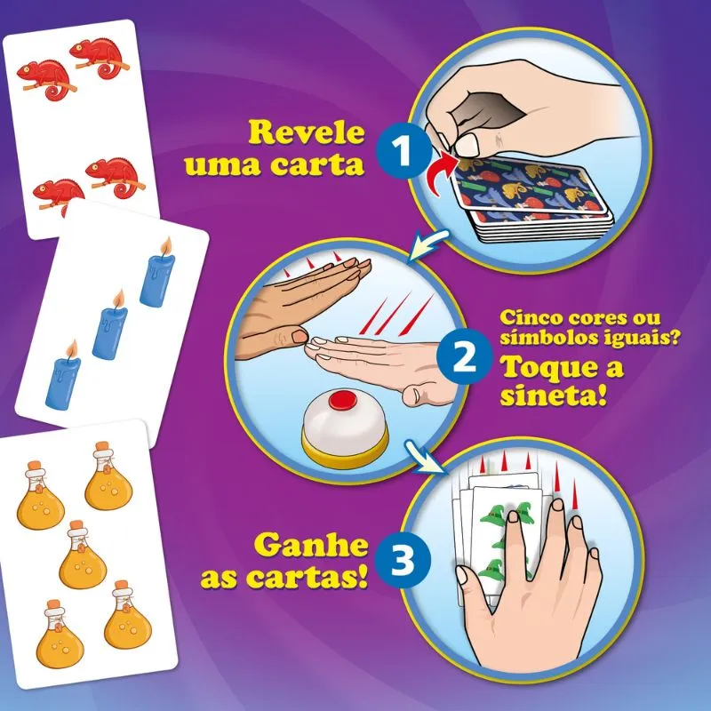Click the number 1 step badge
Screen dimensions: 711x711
coord(403,150)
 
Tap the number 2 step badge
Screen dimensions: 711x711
coord(464,357)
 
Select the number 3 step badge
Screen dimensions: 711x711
coord(403,560)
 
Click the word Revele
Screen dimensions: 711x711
coord(307,132)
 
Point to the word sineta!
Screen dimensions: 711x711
coord(553,396)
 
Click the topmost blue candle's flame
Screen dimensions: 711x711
coord(166,246)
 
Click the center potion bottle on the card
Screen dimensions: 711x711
coord(83,555)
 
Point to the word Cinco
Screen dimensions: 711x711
coord(530,318)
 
